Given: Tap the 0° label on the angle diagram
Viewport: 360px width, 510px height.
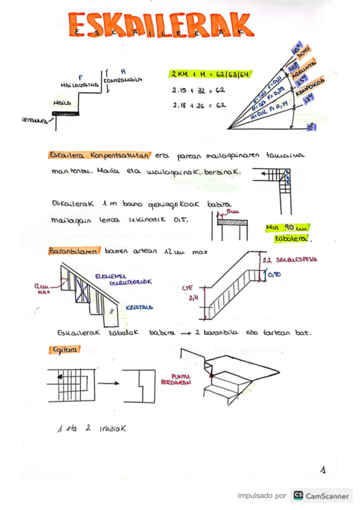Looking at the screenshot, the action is tap(311, 127).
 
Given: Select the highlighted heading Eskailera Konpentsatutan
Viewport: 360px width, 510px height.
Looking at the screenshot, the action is tap(100, 155).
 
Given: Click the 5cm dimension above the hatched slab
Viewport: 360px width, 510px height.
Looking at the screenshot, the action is tap(234, 212).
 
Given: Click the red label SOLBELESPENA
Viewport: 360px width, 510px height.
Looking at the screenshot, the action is tap(298, 260).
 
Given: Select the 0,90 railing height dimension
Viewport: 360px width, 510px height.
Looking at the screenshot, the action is tap(273, 274).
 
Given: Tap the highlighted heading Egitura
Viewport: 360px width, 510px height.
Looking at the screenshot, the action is tap(59, 349).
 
